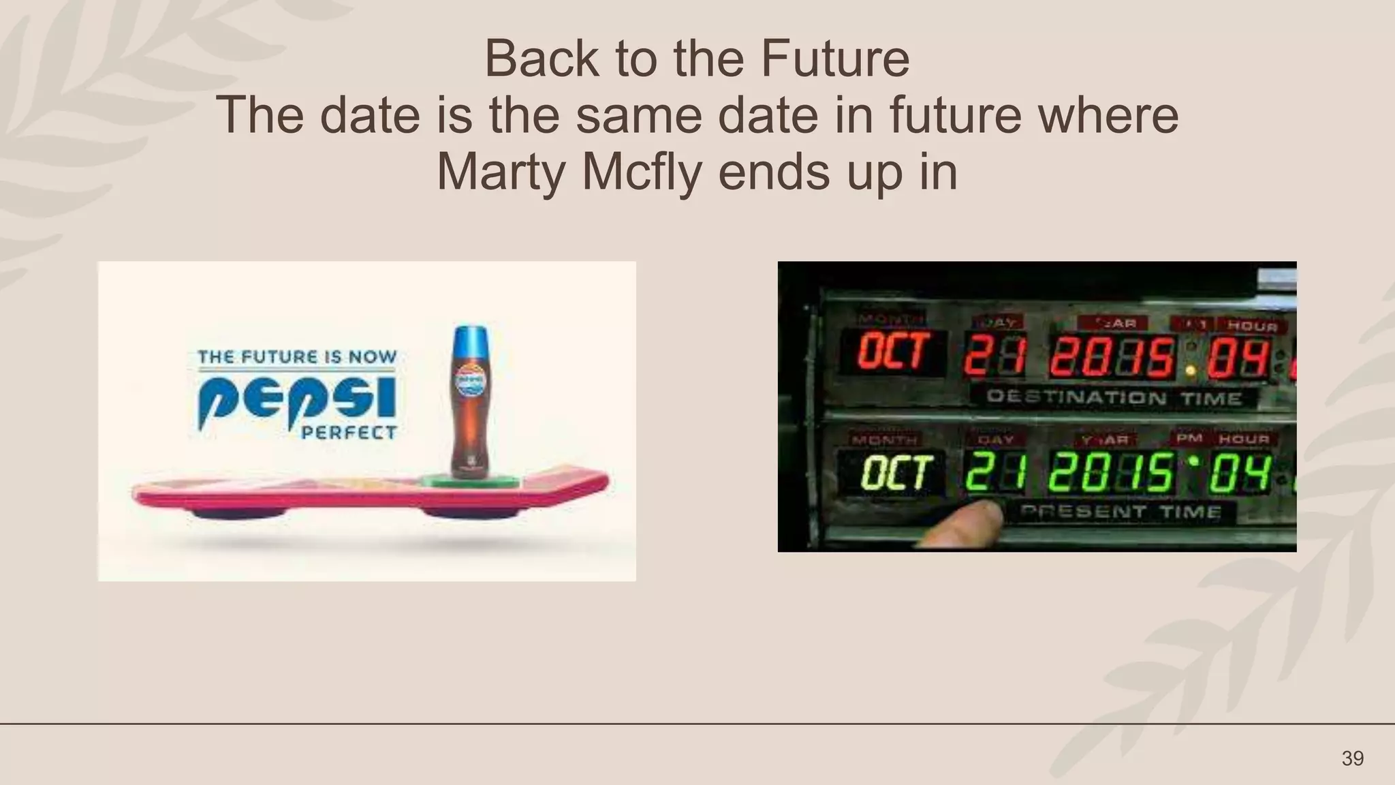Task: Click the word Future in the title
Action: [x=834, y=59]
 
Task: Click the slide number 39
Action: [x=1352, y=758]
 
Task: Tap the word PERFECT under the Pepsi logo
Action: [x=349, y=433]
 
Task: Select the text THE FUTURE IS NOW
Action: [x=297, y=356]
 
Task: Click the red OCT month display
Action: [x=893, y=352]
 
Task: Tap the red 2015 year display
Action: [x=1112, y=357]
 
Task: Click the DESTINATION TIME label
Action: [x=1114, y=397]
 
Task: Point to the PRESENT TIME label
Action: [x=1120, y=511]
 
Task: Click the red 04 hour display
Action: [x=1238, y=358]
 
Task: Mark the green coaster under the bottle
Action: [x=470, y=481]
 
